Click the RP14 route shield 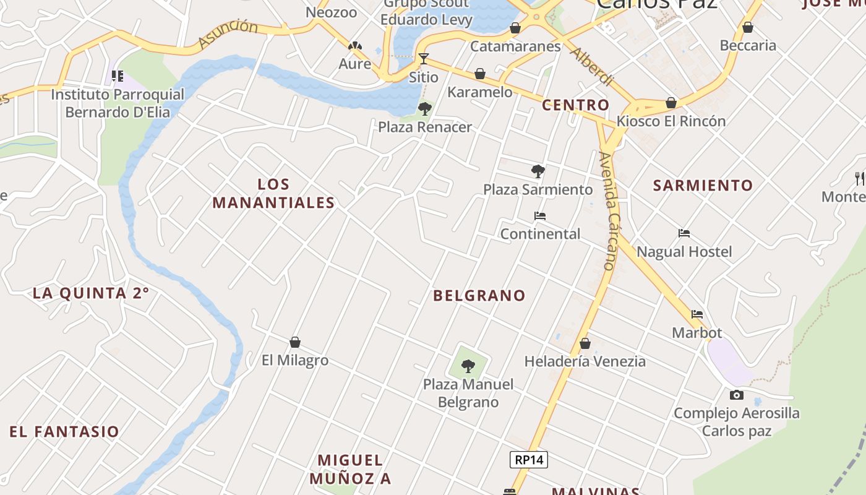pyautogui.click(x=529, y=460)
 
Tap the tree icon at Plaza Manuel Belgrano pyautogui.click(x=468, y=366)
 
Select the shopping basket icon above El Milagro pyautogui.click(x=295, y=342)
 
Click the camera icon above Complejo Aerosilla pyautogui.click(x=736, y=395)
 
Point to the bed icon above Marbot pyautogui.click(x=697, y=314)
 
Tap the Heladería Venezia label pyautogui.click(x=585, y=361)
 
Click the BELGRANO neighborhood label pyautogui.click(x=479, y=296)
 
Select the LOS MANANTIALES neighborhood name pyautogui.click(x=273, y=194)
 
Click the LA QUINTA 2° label pyautogui.click(x=91, y=293)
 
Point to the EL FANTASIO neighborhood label pyautogui.click(x=64, y=432)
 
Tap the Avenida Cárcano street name pyautogui.click(x=610, y=210)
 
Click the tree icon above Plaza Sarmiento pyautogui.click(x=538, y=171)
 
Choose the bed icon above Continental pyautogui.click(x=540, y=216)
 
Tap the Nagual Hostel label pyautogui.click(x=684, y=252)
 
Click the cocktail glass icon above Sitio pyautogui.click(x=424, y=59)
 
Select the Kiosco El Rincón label pyautogui.click(x=671, y=121)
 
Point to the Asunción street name pyautogui.click(x=228, y=34)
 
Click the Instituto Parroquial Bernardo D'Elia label pyautogui.click(x=118, y=103)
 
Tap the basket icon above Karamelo pyautogui.click(x=480, y=74)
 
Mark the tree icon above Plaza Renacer pyautogui.click(x=424, y=110)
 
